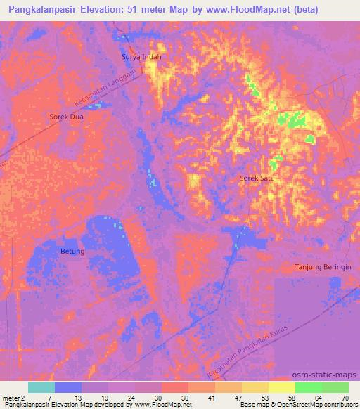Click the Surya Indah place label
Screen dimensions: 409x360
click(141, 56)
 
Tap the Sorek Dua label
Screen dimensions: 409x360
click(66, 117)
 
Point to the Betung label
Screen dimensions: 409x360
click(72, 251)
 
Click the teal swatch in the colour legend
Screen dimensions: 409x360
click(41, 387)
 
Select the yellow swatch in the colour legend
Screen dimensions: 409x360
click(282, 387)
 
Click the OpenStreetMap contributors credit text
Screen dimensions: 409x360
click(317, 405)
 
